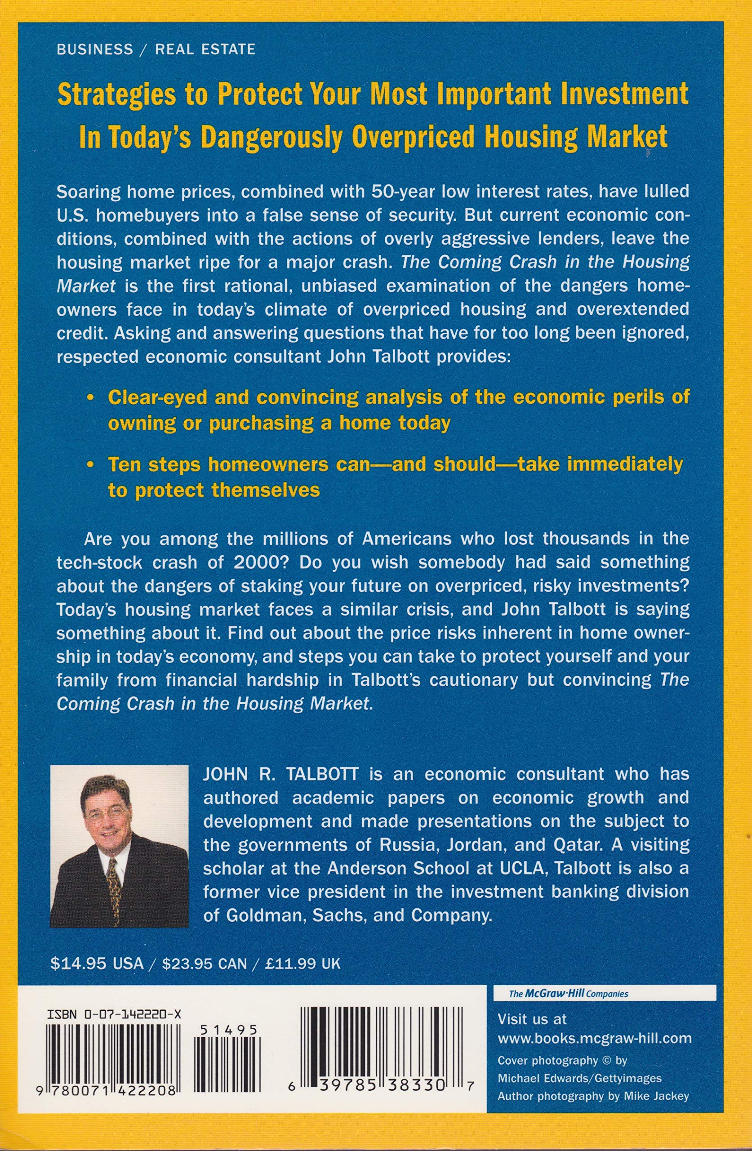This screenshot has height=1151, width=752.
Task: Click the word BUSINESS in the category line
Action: (94, 49)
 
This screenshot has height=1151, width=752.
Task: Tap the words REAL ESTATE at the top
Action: (205, 49)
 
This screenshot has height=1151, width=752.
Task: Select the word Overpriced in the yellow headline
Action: (414, 137)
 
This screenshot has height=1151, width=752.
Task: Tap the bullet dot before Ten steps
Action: (89, 465)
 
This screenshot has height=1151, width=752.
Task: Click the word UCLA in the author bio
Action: (524, 868)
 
